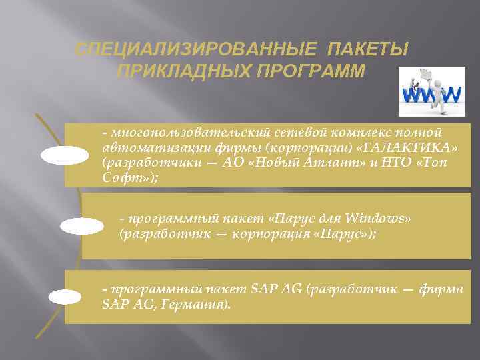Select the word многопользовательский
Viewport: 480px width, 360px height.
click(167, 131)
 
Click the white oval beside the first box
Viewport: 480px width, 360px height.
click(65, 155)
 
